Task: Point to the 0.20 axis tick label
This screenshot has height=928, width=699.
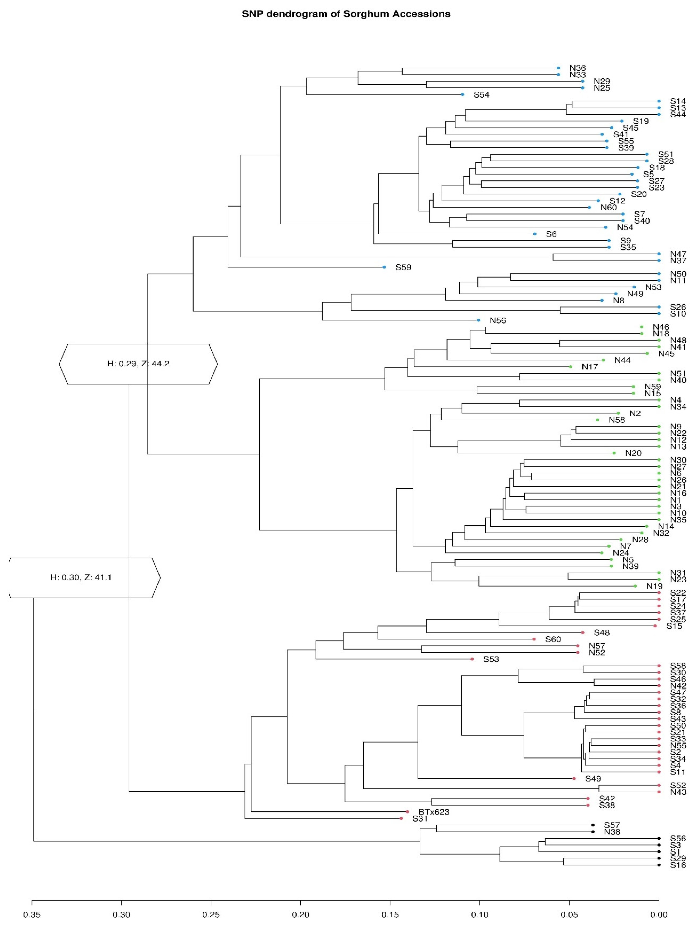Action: pyautogui.click(x=300, y=915)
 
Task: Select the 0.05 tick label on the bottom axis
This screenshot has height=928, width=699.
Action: pyautogui.click(x=569, y=915)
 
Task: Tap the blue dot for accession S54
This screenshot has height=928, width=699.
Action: pyautogui.click(x=462, y=95)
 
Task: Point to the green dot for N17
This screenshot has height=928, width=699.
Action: pyautogui.click(x=570, y=367)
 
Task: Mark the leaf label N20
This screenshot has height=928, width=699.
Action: pyautogui.click(x=633, y=453)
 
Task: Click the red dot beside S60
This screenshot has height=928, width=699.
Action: pyautogui.click(x=534, y=639)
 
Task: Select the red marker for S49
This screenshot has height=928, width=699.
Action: pyautogui.click(x=574, y=779)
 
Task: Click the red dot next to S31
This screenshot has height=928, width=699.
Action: pyautogui.click(x=401, y=818)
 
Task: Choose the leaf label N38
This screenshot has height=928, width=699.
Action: pyautogui.click(x=612, y=832)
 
